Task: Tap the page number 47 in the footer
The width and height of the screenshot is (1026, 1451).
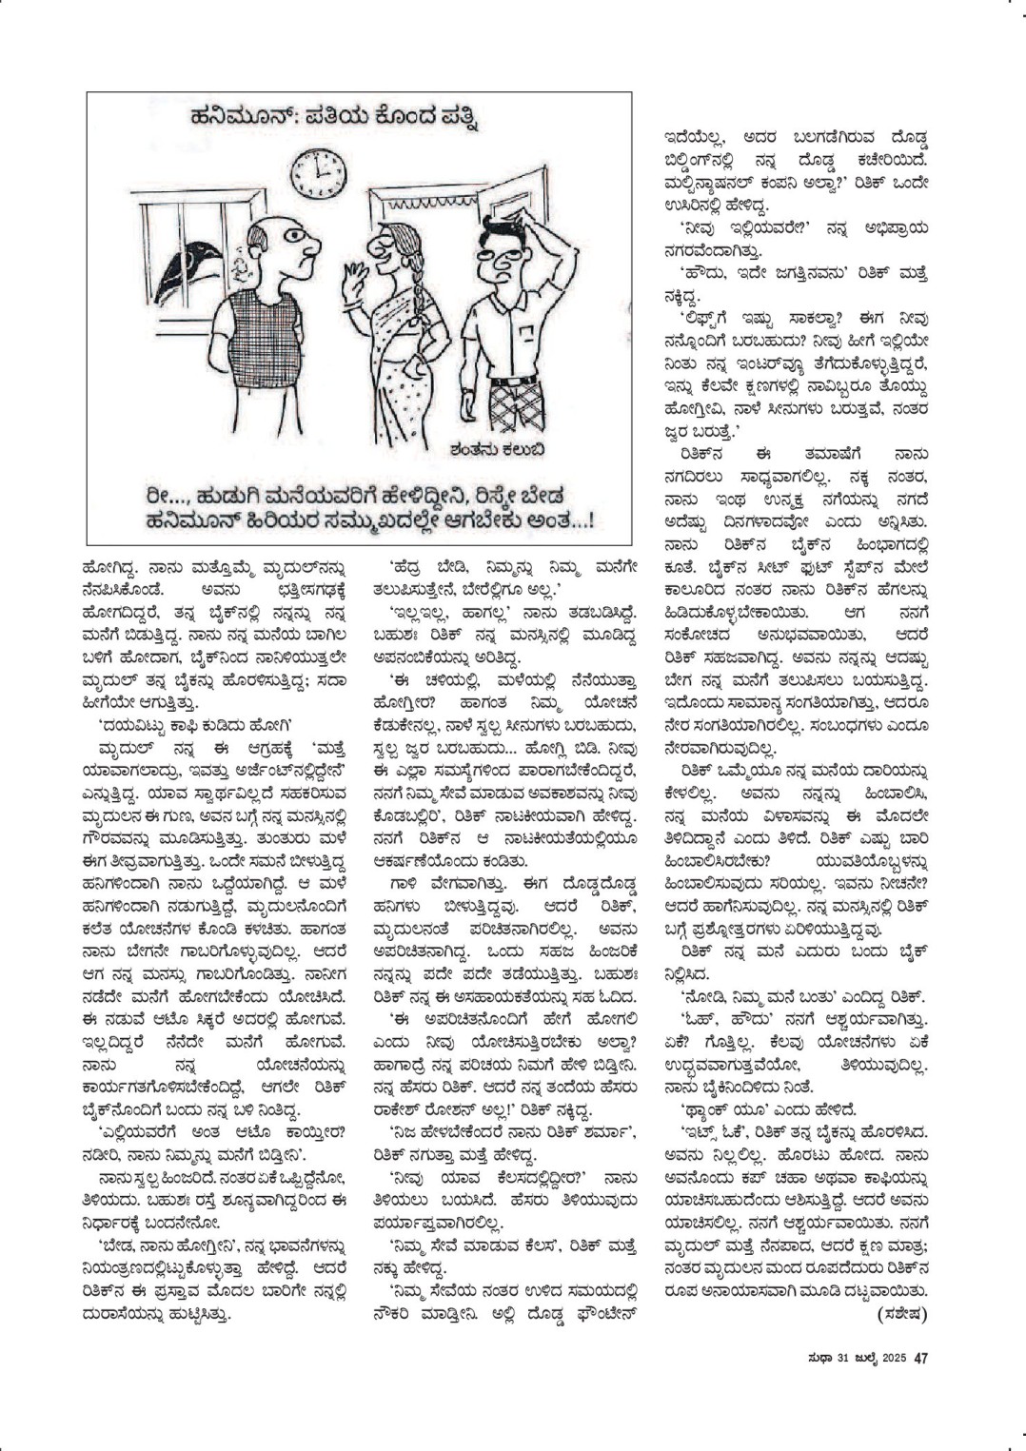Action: [920, 1358]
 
